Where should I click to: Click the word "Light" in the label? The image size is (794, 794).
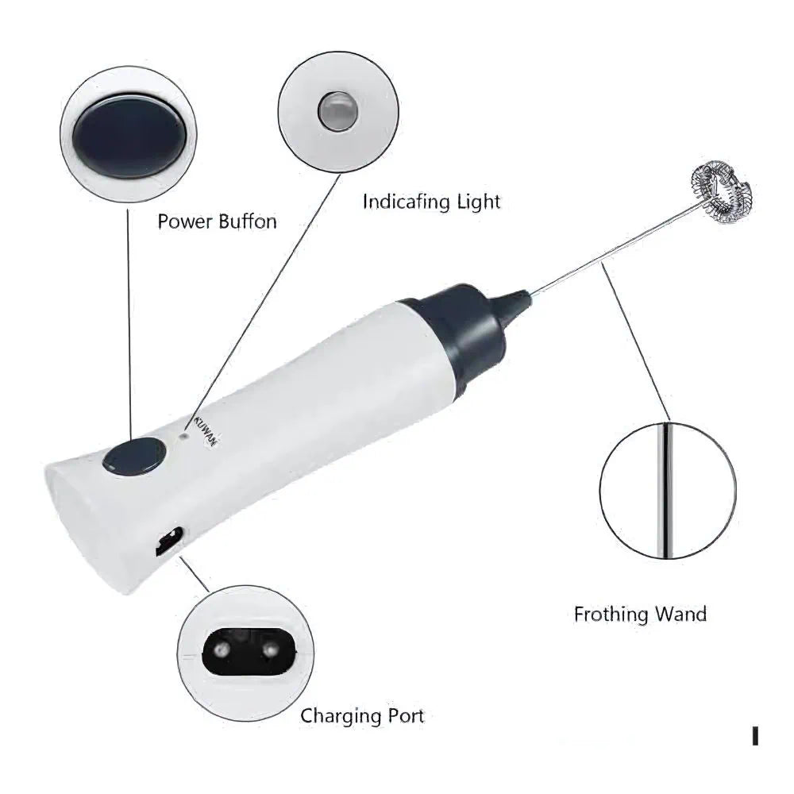coord(478,202)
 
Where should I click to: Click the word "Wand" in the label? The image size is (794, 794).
coord(680,614)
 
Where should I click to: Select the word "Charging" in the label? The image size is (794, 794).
coord(340,716)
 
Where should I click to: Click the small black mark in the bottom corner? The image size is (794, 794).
coord(754,736)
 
